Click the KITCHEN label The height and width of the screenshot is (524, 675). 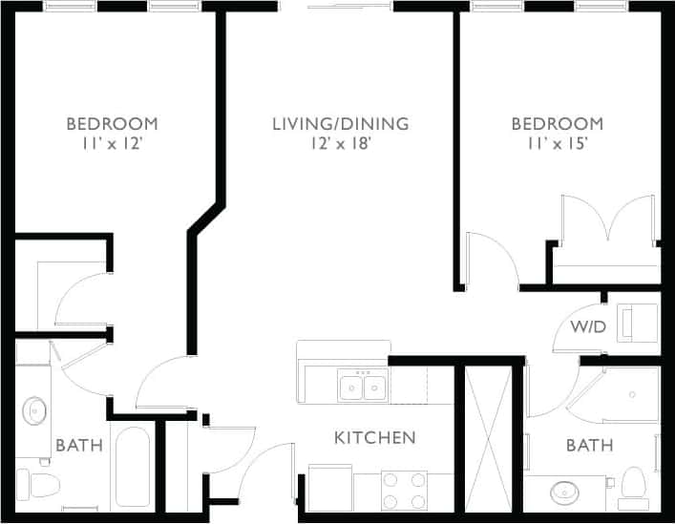point(374,438)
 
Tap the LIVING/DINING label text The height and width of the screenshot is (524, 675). point(340,124)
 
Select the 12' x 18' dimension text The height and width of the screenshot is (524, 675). point(340,144)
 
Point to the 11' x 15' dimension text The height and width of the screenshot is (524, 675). point(557,144)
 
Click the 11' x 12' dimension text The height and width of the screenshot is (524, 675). point(112,144)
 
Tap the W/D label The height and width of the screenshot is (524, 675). point(588,327)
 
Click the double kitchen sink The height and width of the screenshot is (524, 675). point(362,387)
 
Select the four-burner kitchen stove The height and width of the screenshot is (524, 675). point(405,490)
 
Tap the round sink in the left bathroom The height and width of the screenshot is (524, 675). point(36,411)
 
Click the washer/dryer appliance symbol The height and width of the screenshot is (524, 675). point(638,322)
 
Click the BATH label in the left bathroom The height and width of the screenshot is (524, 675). point(73,445)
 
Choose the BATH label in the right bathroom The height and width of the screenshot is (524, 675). point(589,445)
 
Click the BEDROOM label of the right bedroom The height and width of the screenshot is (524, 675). point(557,124)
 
